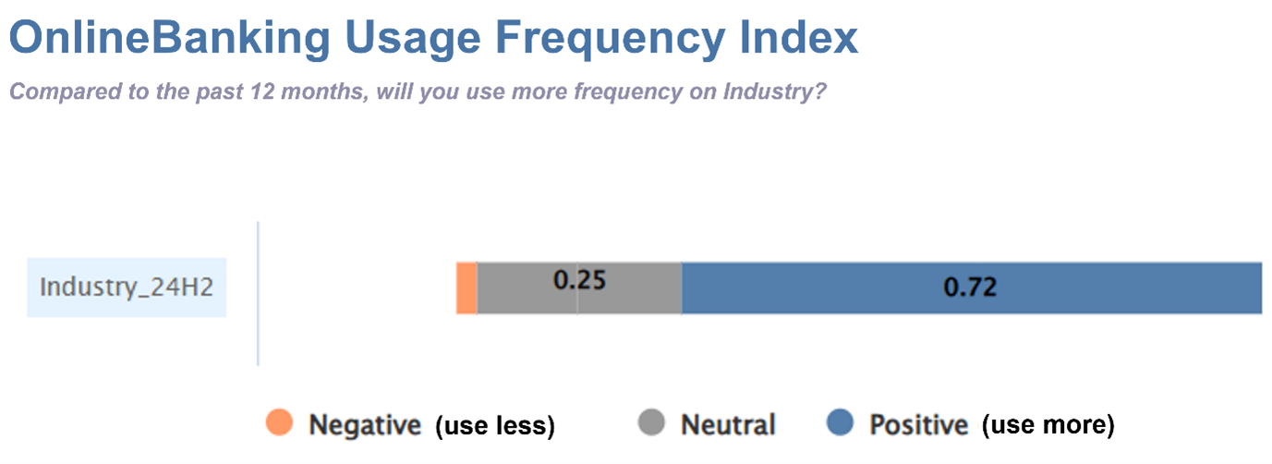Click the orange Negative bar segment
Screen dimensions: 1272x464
tap(466, 288)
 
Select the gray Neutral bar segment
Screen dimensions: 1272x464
tap(579, 288)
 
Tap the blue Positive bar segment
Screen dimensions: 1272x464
tap(972, 288)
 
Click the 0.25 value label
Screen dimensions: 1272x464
tap(579, 280)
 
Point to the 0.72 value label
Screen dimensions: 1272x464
tap(970, 287)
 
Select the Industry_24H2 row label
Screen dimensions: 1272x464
tap(127, 287)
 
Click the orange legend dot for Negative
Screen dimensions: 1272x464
tap(279, 422)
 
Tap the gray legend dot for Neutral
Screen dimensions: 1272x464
tap(651, 422)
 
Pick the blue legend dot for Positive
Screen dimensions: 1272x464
tap(840, 422)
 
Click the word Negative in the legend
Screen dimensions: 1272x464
tap(365, 425)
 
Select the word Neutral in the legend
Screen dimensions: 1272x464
tap(728, 425)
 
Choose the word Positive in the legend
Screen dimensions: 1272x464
tap(919, 425)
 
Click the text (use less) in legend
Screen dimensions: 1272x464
tap(495, 426)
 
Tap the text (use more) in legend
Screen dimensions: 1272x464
tap(1048, 425)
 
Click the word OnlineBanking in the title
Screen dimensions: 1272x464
tap(169, 38)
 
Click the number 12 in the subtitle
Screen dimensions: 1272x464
tap(261, 91)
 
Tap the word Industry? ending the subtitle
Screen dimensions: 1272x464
tap(774, 92)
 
